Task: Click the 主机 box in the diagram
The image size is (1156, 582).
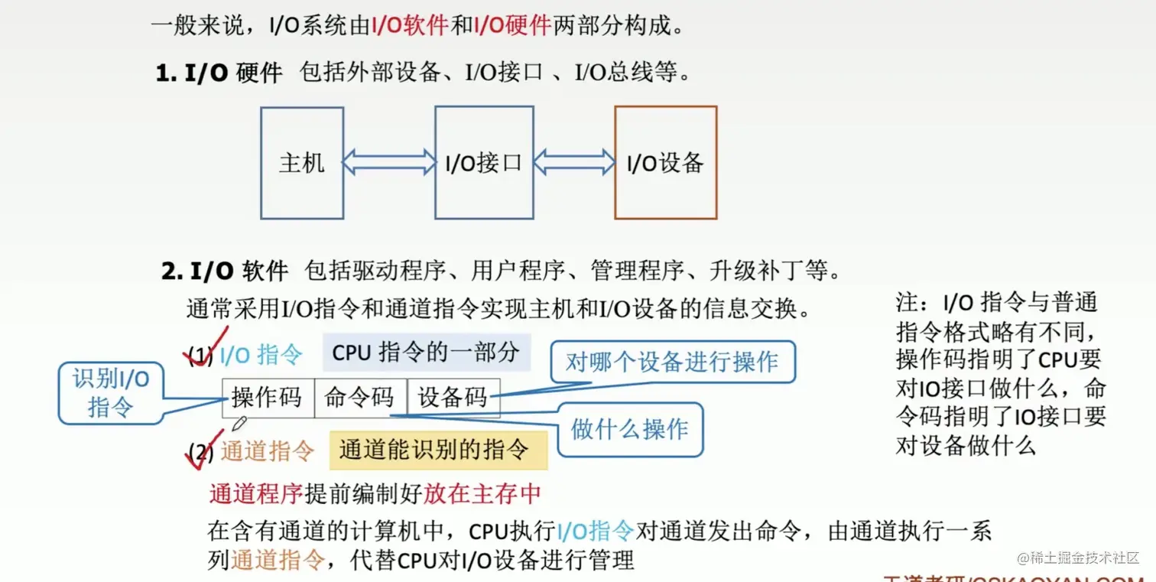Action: tap(301, 163)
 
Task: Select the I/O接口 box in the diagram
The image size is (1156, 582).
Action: tap(483, 163)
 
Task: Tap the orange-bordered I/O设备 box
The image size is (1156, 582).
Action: tap(665, 163)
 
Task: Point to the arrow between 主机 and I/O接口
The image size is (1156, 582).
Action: tap(388, 161)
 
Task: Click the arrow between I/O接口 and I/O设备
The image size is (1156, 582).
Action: tap(574, 161)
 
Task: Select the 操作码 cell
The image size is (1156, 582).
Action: tap(268, 398)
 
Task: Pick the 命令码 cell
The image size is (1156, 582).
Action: tap(360, 398)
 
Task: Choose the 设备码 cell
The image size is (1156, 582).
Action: tap(453, 398)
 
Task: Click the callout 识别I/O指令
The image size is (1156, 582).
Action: tap(111, 392)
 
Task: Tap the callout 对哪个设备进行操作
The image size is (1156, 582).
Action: tap(672, 362)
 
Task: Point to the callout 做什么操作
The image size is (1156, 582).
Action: tap(629, 429)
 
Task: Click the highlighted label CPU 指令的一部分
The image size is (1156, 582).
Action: tap(427, 353)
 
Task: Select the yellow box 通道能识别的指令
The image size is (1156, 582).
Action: tap(438, 450)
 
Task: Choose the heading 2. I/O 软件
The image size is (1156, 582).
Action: tap(225, 271)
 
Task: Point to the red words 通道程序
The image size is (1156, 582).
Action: tap(256, 494)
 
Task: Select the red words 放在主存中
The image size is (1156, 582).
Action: tap(482, 494)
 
